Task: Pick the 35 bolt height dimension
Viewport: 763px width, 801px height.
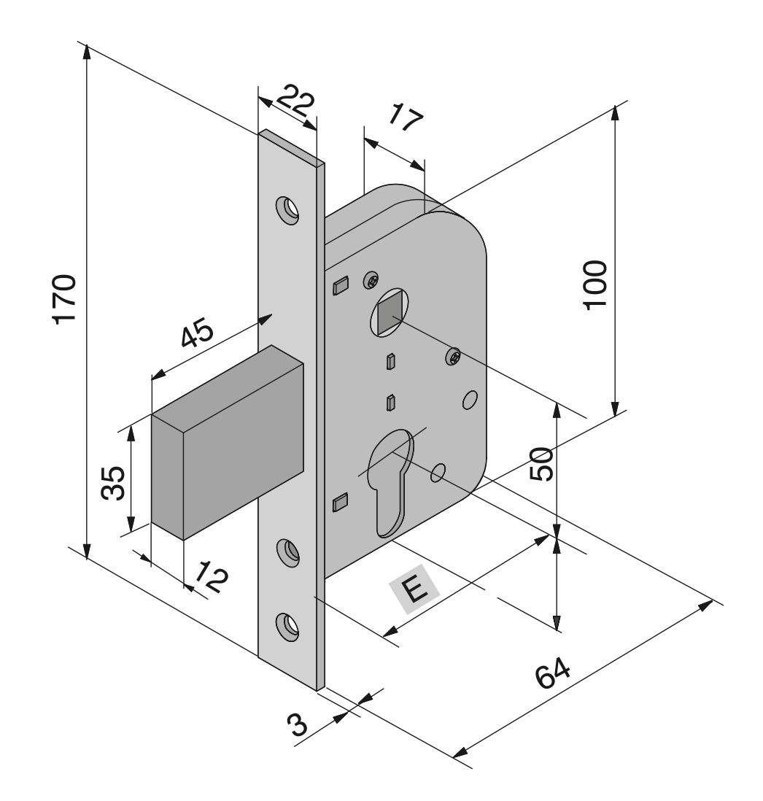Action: pyautogui.click(x=112, y=482)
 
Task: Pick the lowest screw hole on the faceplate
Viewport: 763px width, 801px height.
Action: pyautogui.click(x=287, y=626)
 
